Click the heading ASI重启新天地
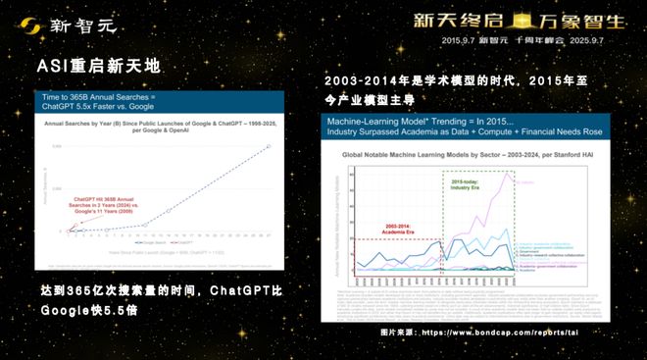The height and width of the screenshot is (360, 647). coord(98,67)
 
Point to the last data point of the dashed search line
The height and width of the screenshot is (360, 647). coord(271,146)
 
